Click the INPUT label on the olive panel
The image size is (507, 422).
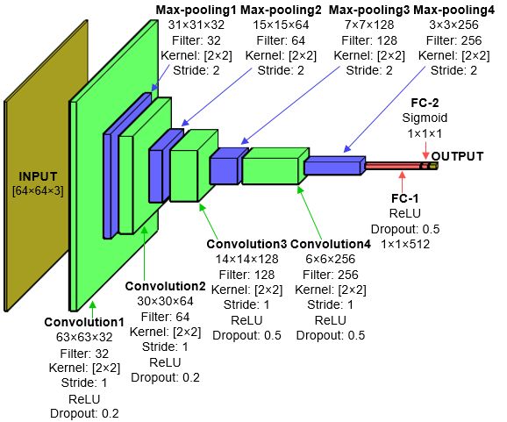(x=38, y=176)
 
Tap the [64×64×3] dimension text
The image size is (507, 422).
(x=38, y=190)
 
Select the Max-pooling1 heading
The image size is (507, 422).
(x=196, y=10)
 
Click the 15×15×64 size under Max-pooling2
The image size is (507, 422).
(x=281, y=25)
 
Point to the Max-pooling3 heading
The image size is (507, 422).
(x=369, y=10)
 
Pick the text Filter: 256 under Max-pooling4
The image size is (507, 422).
(x=453, y=40)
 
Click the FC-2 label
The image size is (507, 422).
(x=425, y=103)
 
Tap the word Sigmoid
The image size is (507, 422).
(x=425, y=118)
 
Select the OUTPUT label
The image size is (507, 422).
(x=457, y=156)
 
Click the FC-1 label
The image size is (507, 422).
(x=405, y=198)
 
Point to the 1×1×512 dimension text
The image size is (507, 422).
(x=405, y=244)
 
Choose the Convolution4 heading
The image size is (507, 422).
(x=330, y=244)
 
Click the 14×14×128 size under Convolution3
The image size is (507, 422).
(x=246, y=259)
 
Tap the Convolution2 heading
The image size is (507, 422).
(x=165, y=286)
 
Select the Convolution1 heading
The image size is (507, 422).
(x=84, y=322)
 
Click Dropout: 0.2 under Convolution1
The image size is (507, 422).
(x=84, y=413)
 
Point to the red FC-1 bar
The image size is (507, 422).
(x=393, y=166)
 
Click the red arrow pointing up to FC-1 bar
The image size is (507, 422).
(x=403, y=182)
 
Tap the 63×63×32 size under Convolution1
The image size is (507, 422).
(x=84, y=337)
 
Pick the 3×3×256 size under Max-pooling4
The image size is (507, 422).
(x=453, y=25)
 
